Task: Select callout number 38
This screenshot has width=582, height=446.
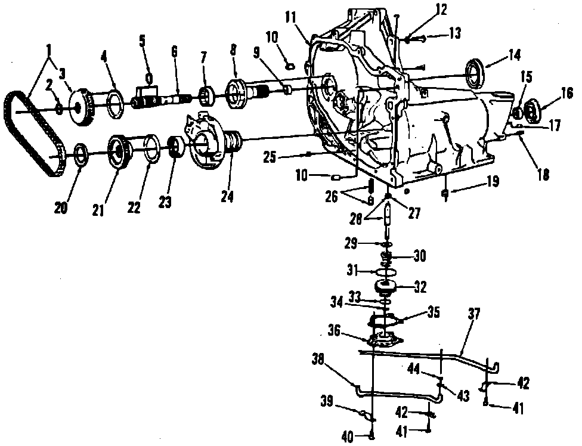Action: point(319,358)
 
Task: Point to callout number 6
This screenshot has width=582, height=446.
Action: point(174,52)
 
